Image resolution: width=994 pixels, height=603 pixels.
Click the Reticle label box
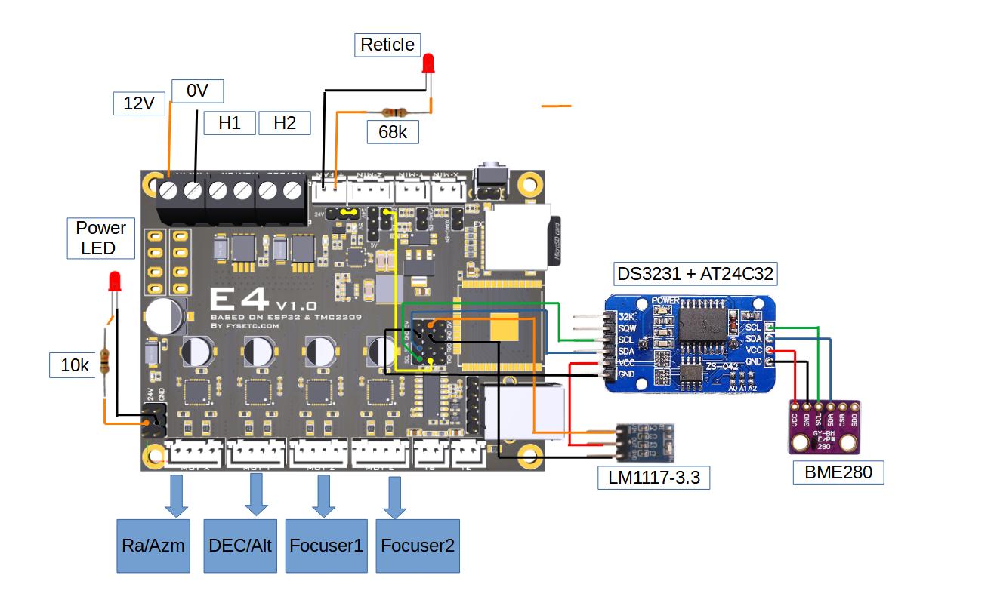click(387, 45)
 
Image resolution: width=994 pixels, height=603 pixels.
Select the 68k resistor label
click(392, 132)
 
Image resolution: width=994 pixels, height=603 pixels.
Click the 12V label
click(139, 103)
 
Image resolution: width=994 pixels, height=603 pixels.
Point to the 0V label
click(197, 91)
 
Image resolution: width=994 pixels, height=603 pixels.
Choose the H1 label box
click(230, 123)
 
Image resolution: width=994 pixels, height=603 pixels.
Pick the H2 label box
click(285, 123)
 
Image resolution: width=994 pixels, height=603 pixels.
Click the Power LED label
click(100, 238)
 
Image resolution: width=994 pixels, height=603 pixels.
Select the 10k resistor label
click(75, 366)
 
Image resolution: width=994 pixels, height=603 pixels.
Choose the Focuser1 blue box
click(326, 546)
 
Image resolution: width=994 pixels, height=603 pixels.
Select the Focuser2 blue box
click(418, 546)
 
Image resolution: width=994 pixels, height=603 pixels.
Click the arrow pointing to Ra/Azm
click(177, 499)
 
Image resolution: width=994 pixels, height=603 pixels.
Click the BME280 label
click(838, 473)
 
